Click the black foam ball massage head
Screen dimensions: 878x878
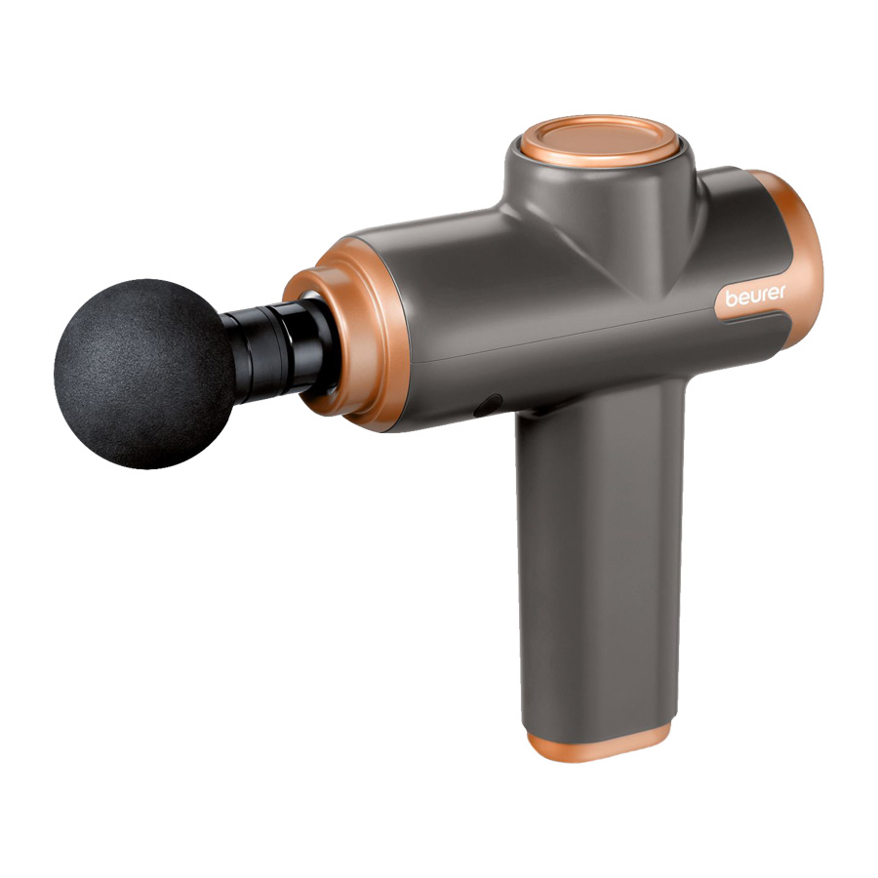click(144, 374)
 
